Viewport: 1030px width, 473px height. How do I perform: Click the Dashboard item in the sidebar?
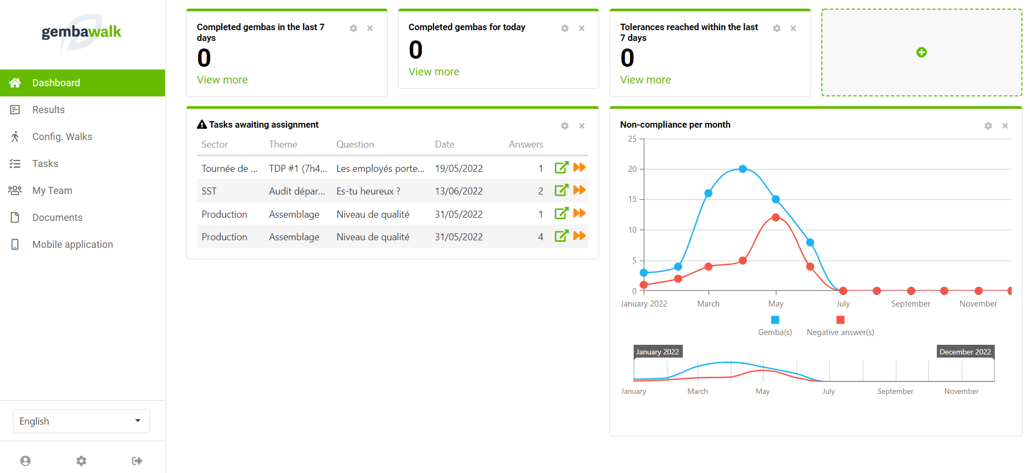tap(56, 83)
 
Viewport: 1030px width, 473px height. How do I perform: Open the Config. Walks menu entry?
tap(62, 137)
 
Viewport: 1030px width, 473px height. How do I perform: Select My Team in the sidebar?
tap(52, 191)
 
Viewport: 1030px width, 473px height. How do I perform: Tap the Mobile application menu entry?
tap(72, 245)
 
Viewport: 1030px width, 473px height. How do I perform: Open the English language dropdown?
tap(81, 421)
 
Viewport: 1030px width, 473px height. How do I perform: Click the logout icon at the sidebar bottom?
tap(137, 461)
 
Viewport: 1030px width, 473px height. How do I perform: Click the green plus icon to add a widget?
tap(922, 52)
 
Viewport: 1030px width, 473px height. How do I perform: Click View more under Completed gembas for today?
tap(434, 72)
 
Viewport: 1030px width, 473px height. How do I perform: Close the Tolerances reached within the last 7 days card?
tap(793, 29)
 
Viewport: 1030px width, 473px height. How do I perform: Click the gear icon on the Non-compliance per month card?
tap(988, 126)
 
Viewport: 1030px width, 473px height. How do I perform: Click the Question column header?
tap(355, 144)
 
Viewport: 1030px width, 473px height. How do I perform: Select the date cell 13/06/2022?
tap(458, 191)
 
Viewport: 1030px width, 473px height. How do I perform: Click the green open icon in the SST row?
tap(561, 190)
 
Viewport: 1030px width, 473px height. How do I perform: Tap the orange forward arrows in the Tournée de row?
tap(580, 168)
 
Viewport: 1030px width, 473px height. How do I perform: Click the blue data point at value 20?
tap(743, 169)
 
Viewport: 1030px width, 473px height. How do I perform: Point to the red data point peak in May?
tap(775, 218)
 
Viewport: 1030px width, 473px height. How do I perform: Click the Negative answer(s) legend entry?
tap(840, 332)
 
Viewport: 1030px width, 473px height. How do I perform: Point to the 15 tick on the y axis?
tap(633, 199)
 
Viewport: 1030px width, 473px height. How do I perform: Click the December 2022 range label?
tap(965, 352)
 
